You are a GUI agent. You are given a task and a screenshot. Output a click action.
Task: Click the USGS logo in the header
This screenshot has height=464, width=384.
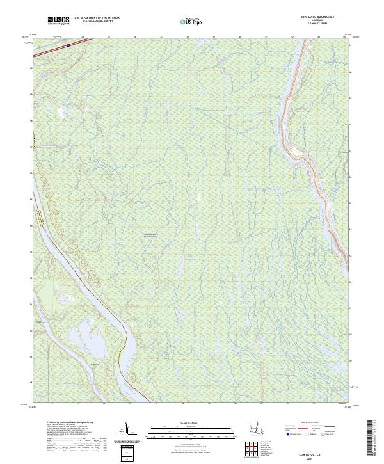click(x=59, y=21)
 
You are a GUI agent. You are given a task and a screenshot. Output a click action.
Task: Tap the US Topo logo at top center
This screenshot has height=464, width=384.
click(x=192, y=21)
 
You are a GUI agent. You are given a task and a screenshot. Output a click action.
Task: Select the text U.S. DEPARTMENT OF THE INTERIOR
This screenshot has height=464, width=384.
click(x=97, y=18)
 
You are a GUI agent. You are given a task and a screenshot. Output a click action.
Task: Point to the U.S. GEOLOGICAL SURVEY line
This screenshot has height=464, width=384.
click(x=97, y=22)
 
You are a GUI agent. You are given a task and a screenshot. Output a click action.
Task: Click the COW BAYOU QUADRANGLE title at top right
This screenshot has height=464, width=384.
click(x=317, y=17)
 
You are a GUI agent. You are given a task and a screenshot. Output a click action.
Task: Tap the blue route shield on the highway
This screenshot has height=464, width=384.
click(x=68, y=46)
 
